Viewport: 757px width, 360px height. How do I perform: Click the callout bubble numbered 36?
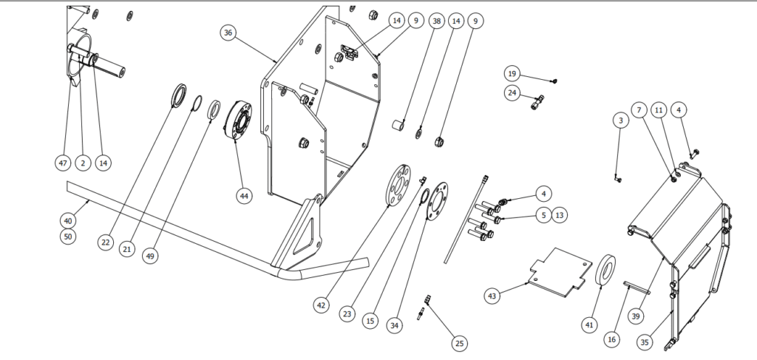(228, 33)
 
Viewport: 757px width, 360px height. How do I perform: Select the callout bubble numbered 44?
(244, 196)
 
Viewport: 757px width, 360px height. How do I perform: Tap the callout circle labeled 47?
(63, 161)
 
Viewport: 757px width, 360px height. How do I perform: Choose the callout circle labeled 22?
(105, 242)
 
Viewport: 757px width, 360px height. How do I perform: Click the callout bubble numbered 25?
(459, 344)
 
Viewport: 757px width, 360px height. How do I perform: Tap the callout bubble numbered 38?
(436, 22)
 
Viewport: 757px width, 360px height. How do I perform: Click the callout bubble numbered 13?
(560, 215)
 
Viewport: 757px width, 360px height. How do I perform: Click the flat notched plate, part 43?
(563, 271)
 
